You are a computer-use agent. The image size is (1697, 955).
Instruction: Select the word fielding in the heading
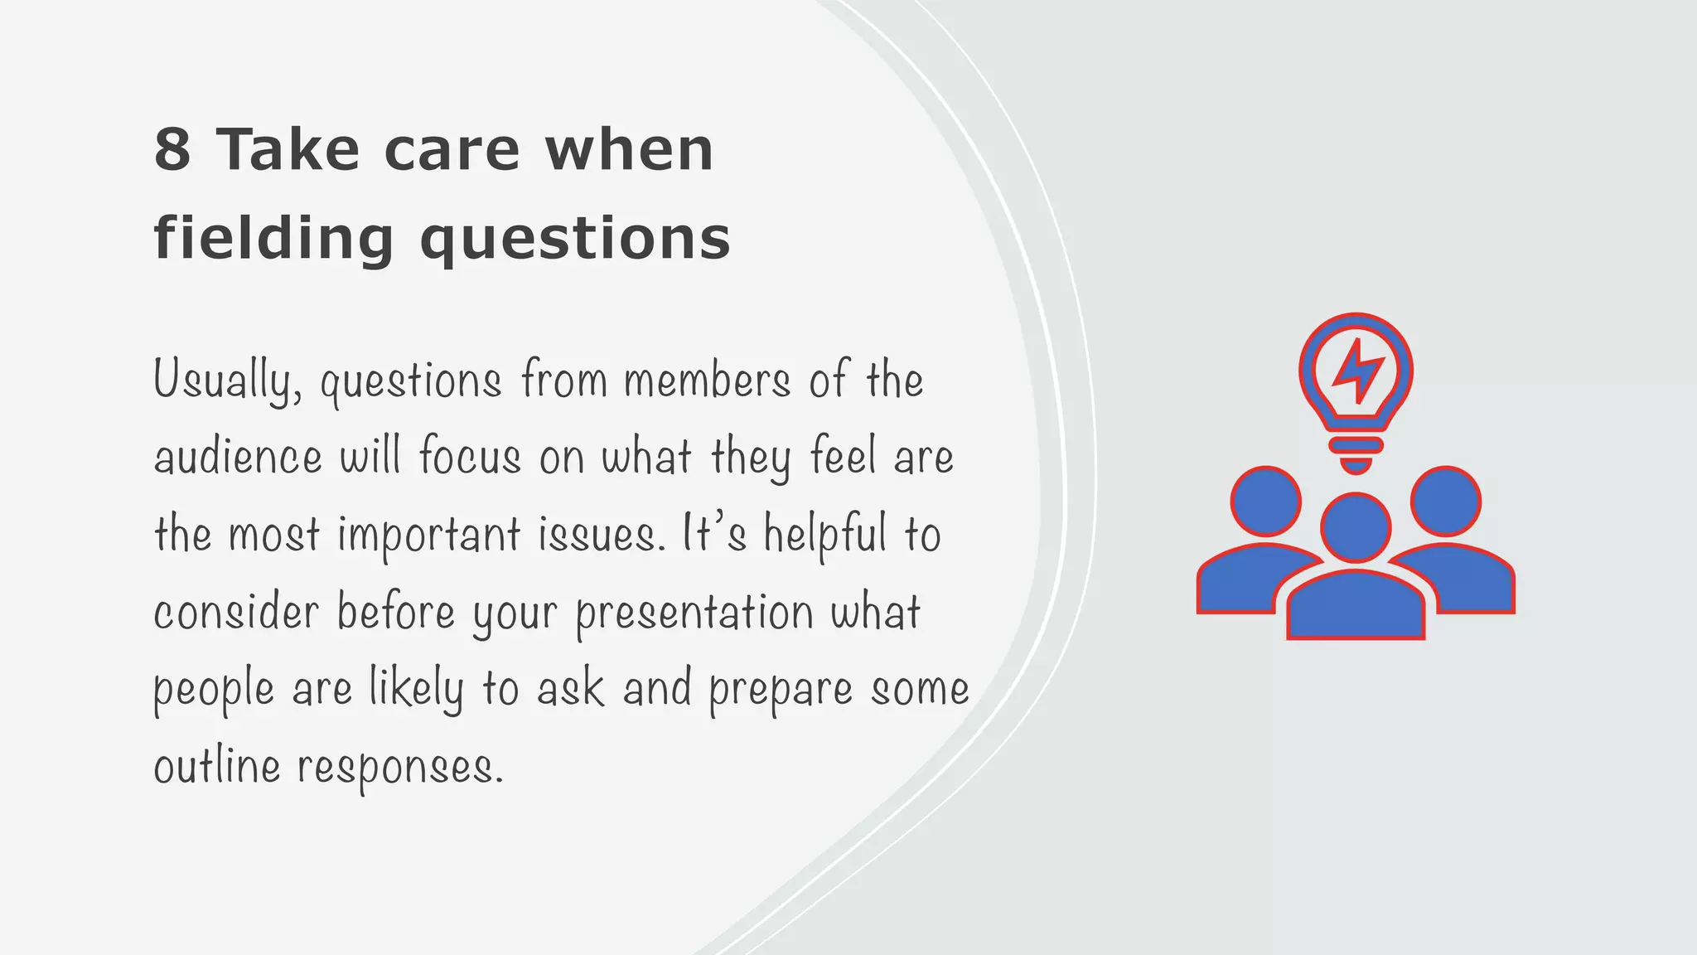273,239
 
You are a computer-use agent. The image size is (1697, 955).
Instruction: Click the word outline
217,766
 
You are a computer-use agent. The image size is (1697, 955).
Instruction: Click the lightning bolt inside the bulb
1356,371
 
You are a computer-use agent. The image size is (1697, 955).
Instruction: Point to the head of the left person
1265,502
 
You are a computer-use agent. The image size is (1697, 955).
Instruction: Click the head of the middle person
1356,527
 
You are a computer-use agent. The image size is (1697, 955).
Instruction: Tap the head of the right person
1446,502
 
